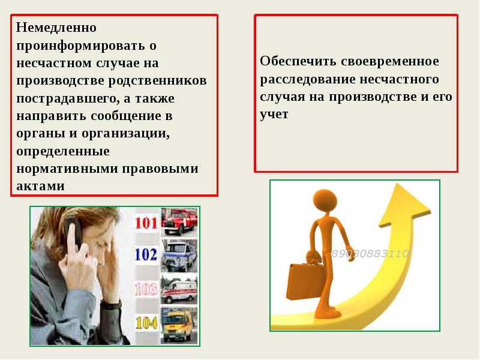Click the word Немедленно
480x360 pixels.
click(56, 28)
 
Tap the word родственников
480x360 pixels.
click(158, 80)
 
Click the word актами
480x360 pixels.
click(40, 186)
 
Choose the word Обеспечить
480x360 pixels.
click(298, 61)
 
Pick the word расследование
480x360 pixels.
click(307, 79)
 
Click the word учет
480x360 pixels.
click(274, 115)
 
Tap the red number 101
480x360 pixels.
click(146, 223)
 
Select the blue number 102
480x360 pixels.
click(146, 254)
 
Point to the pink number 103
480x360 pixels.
click(146, 289)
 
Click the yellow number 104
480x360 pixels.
click(146, 323)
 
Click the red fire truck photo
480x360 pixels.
click(179, 222)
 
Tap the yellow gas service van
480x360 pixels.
click(179, 325)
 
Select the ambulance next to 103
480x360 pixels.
click(179, 290)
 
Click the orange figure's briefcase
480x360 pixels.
click(304, 281)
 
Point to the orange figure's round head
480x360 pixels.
click(325, 202)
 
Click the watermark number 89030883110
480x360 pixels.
click(370, 253)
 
